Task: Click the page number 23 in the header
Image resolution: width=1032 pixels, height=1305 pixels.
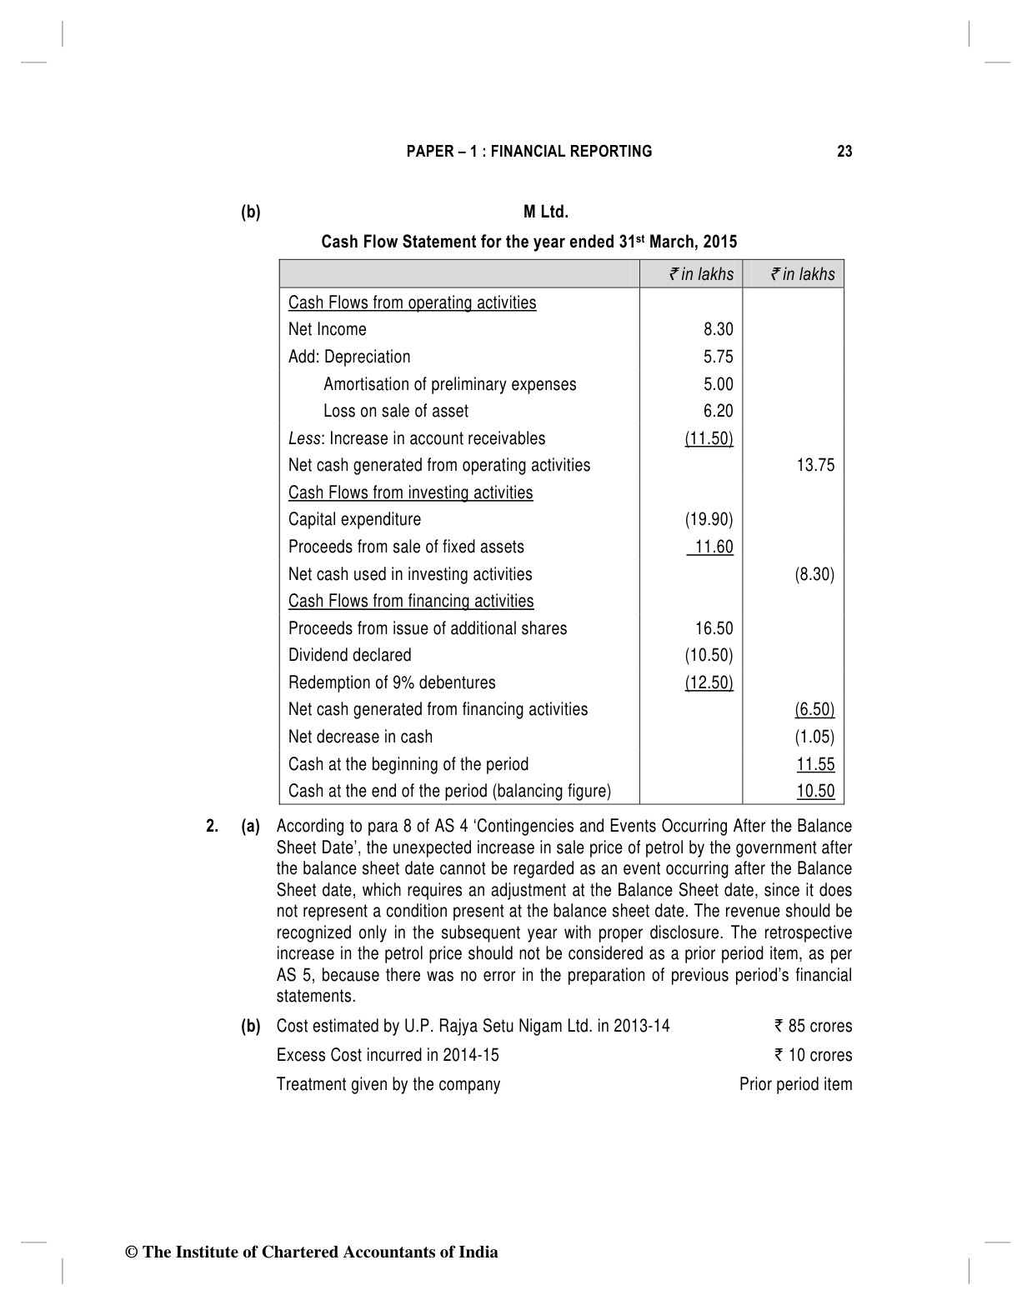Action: tap(844, 152)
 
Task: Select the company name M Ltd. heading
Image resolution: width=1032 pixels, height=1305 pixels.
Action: tap(546, 212)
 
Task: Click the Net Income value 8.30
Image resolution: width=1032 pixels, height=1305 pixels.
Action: tap(718, 329)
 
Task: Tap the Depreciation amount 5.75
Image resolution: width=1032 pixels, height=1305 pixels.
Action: tap(718, 357)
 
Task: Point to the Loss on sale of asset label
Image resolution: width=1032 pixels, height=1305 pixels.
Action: tap(395, 411)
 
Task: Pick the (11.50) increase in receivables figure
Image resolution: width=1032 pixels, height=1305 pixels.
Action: tap(709, 438)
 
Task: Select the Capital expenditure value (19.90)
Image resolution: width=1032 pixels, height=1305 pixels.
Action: tap(709, 519)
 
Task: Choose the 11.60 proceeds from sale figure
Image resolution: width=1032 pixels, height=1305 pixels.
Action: tap(713, 547)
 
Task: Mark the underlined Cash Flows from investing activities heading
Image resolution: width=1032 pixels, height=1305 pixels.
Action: tap(410, 492)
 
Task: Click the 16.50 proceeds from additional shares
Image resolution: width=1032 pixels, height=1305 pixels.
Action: tap(714, 628)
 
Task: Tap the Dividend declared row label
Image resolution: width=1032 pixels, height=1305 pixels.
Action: tap(349, 655)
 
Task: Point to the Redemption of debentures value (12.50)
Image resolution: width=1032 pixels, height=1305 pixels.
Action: tap(709, 682)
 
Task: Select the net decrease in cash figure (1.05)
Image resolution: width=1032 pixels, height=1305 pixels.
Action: tap(814, 737)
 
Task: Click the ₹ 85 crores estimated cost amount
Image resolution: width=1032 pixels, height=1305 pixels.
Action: tap(813, 1026)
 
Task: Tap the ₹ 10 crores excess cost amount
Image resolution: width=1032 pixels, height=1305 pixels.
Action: tap(813, 1055)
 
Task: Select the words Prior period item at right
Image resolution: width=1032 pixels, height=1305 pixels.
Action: tap(795, 1084)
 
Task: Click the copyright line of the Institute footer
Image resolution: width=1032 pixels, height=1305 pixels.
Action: tap(311, 1252)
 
